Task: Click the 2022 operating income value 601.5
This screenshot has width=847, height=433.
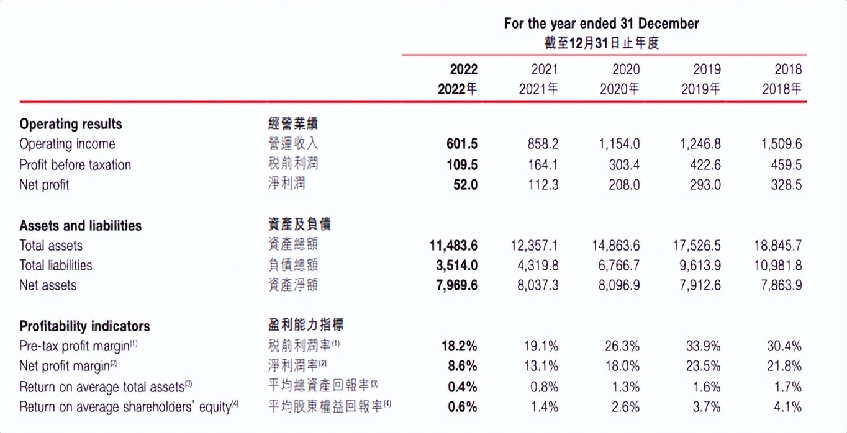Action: point(462,144)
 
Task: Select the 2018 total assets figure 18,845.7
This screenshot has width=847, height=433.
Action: point(777,245)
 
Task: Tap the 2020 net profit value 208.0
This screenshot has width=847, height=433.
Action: point(623,184)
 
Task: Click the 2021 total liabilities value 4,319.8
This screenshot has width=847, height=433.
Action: point(538,265)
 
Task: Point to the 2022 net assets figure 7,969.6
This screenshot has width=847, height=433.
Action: point(453,285)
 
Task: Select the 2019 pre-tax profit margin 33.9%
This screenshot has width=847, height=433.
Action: point(703,346)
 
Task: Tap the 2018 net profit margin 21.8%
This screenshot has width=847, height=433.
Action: point(784,365)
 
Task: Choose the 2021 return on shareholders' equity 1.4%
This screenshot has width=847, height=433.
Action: point(544,406)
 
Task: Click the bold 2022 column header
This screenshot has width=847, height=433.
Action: point(458,79)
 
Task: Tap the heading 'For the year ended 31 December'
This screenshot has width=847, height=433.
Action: point(601,24)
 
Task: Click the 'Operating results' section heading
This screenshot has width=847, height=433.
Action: point(71,123)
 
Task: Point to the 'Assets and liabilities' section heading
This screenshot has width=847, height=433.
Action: point(80,225)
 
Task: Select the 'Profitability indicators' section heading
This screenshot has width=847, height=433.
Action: point(84,326)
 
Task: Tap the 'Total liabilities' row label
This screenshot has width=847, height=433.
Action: point(55,265)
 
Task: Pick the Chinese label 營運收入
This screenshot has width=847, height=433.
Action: point(292,144)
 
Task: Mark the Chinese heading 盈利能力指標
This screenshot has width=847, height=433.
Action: point(306,324)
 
